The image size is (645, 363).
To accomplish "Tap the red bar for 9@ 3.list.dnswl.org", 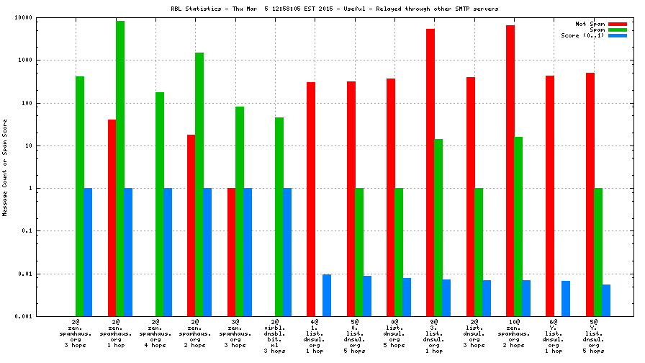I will tap(430, 172).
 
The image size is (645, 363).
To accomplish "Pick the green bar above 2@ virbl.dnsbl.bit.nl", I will tap(279, 217).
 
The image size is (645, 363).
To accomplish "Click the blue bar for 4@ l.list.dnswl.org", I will tap(327, 295).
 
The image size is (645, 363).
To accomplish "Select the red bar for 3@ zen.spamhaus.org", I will tap(232, 252).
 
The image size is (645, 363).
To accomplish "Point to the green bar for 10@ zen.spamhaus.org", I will tap(518, 226).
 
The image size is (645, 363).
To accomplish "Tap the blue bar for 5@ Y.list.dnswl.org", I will tap(606, 300).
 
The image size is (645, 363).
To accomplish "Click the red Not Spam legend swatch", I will tap(618, 24).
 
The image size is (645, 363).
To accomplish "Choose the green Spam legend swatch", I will tap(618, 30).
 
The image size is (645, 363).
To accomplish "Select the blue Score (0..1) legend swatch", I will tap(618, 35).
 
